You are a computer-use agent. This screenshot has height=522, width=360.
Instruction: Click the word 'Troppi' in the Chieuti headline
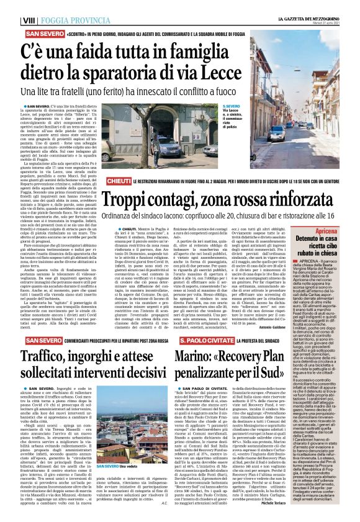pos(127,200)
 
